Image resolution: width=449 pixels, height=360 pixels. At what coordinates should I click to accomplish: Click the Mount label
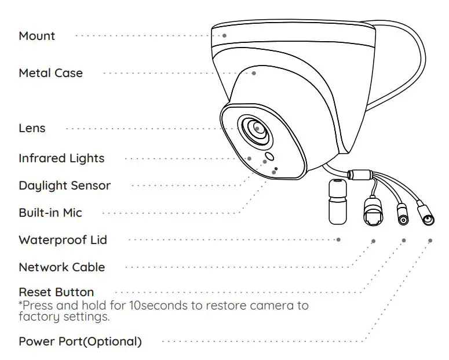[x=36, y=36]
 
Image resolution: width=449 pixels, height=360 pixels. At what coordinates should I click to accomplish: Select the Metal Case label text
[x=50, y=73]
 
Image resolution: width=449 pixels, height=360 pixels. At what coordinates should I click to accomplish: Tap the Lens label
[x=32, y=128]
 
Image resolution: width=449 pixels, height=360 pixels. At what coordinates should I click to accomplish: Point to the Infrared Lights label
[x=61, y=158]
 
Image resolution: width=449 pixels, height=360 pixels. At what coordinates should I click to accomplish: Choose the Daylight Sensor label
[x=64, y=186]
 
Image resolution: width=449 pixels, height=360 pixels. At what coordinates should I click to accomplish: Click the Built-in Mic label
[x=50, y=213]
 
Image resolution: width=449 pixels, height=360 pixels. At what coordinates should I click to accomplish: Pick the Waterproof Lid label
[x=63, y=240]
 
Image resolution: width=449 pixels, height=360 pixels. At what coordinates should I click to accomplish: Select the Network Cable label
[x=61, y=267]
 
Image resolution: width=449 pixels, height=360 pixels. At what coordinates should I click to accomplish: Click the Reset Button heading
[x=56, y=292]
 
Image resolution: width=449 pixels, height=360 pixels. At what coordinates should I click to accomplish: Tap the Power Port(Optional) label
[x=80, y=341]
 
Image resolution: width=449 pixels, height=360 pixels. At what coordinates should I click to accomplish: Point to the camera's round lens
[x=256, y=129]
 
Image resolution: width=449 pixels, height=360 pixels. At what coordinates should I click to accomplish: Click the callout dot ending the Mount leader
[x=224, y=35]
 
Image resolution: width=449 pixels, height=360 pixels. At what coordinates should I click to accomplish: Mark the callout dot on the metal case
[x=254, y=73]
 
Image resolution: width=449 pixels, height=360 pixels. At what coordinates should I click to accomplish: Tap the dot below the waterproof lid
[x=338, y=239]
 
